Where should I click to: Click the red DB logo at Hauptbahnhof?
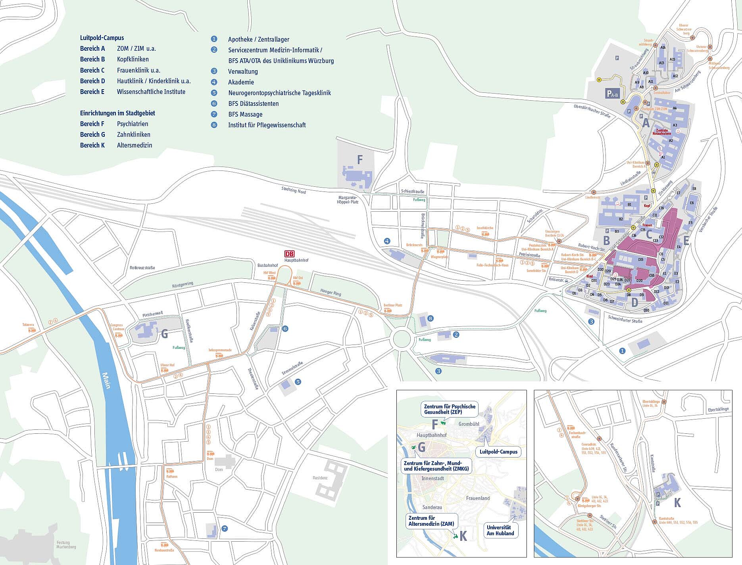coord(290,254)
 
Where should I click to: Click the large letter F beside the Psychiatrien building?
coord(360,160)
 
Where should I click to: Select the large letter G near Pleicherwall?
coord(164,334)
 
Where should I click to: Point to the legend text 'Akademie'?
coord(241,82)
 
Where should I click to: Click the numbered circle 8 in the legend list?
coord(214,125)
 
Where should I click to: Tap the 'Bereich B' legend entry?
coord(92,59)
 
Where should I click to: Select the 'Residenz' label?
coord(320,478)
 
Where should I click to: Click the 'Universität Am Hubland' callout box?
coord(500,531)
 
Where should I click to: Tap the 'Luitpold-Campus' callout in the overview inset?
coord(498,452)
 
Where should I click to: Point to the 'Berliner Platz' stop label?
coord(392,305)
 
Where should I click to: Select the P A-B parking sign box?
coord(612,94)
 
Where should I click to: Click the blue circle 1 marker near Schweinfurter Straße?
coord(622,351)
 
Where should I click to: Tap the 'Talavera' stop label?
coord(28,324)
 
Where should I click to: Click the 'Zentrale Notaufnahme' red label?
coord(661,132)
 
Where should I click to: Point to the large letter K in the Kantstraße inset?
coord(677,503)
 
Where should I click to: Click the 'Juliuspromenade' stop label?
coord(220,350)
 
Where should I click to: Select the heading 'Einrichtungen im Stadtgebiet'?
coord(117,113)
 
